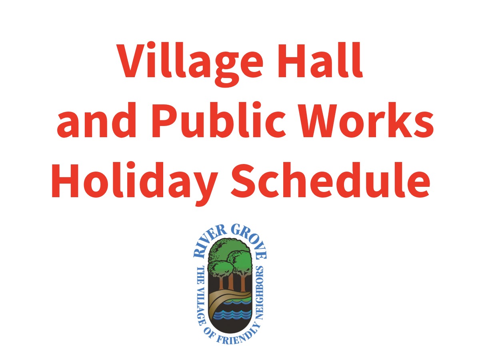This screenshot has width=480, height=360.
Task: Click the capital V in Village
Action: coord(132,61)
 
